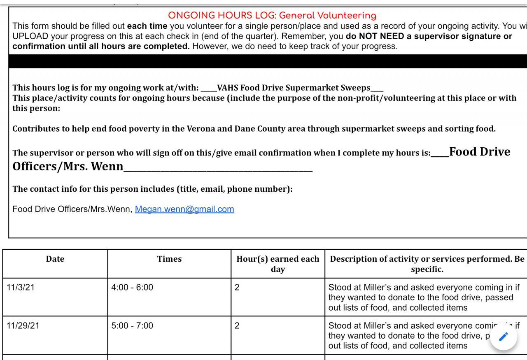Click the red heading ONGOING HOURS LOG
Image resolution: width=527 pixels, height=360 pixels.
point(272,16)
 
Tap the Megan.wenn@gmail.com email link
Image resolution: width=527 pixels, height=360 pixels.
point(184,209)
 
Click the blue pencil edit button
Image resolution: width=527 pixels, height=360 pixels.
point(503,337)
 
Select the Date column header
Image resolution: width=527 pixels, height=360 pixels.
point(55,259)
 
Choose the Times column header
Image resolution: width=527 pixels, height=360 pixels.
point(169,259)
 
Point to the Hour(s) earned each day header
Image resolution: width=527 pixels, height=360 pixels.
point(278,264)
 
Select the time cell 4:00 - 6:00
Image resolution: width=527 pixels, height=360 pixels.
point(132,288)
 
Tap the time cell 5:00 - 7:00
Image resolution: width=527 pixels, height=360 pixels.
point(132,326)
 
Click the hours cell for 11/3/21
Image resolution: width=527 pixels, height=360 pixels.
point(237,288)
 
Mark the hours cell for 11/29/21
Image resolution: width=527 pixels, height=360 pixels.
point(237,326)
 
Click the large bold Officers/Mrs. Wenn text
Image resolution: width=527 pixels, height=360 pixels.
point(68,167)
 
